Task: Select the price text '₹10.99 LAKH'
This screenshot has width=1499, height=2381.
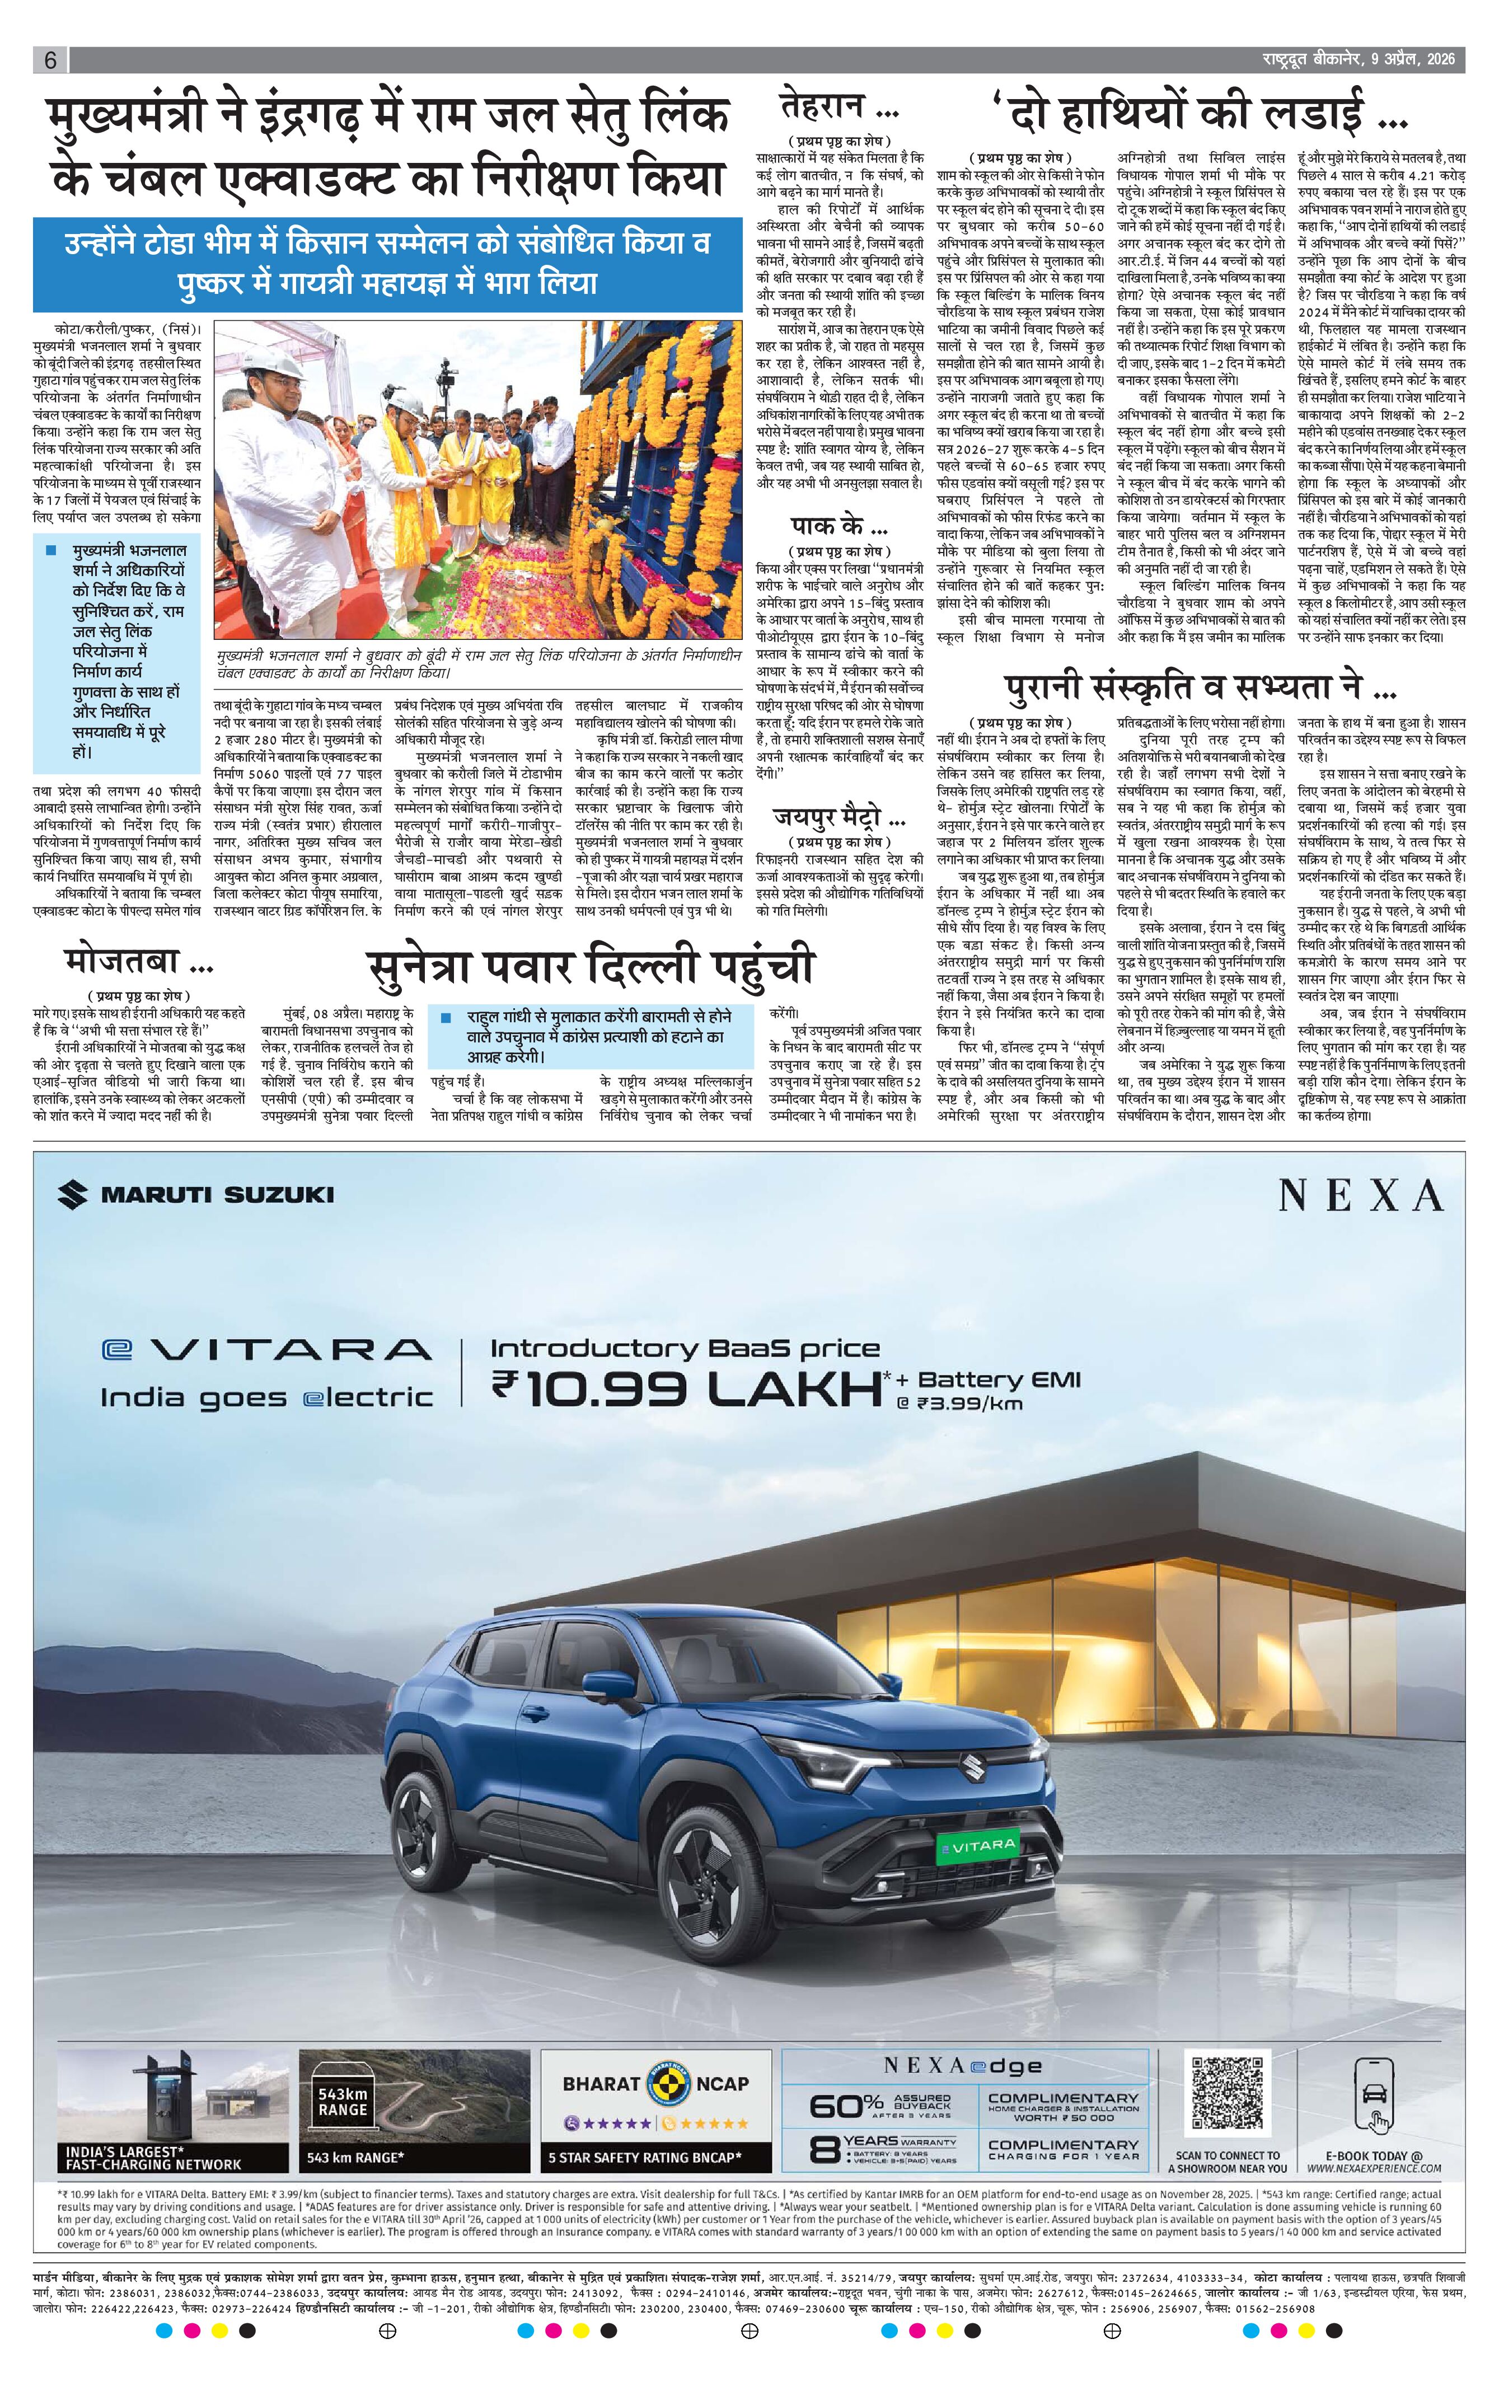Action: [686, 1390]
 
